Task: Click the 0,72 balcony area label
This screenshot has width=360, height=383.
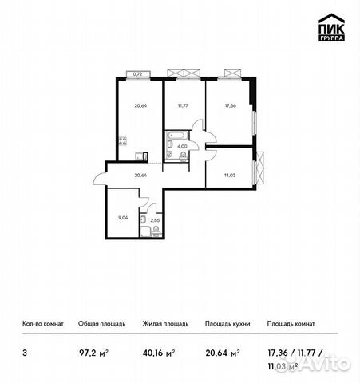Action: [x=137, y=74]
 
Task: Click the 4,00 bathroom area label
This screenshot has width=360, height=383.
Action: [x=182, y=146]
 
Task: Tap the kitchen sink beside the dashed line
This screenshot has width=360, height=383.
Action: [x=139, y=154]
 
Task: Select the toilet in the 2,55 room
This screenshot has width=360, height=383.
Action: [x=142, y=221]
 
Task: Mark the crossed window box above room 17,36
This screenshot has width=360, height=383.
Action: [x=231, y=74]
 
